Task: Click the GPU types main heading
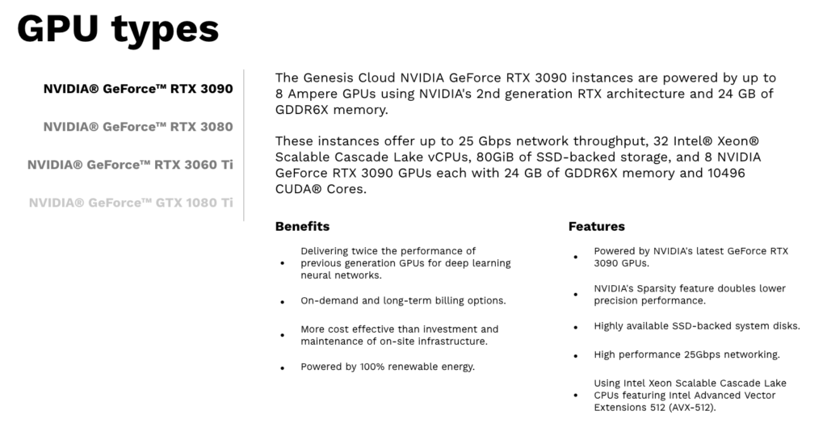click(x=118, y=30)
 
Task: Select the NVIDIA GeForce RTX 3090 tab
click(x=137, y=89)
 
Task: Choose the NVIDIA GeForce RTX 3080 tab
click(x=137, y=127)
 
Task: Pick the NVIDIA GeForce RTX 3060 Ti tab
click(x=130, y=165)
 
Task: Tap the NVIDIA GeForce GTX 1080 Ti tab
click(x=131, y=203)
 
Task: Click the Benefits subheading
click(x=302, y=226)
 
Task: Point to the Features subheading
click(x=597, y=226)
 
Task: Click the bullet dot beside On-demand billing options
click(x=283, y=302)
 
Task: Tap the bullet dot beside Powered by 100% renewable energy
click(x=283, y=368)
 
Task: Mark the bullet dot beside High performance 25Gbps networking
click(x=576, y=356)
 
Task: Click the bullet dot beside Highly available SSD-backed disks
click(x=576, y=327)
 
